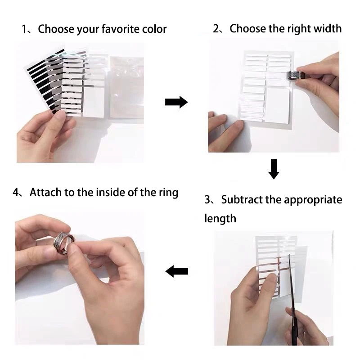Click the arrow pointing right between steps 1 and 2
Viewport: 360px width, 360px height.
click(x=176, y=102)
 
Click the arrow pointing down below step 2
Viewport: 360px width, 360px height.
click(x=274, y=169)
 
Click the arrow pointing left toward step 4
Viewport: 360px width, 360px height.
click(x=176, y=271)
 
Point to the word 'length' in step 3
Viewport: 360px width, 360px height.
click(x=220, y=219)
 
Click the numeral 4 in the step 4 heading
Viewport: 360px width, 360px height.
click(x=17, y=193)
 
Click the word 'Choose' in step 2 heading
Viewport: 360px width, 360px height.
click(x=247, y=29)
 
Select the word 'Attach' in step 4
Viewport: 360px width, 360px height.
click(x=45, y=193)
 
